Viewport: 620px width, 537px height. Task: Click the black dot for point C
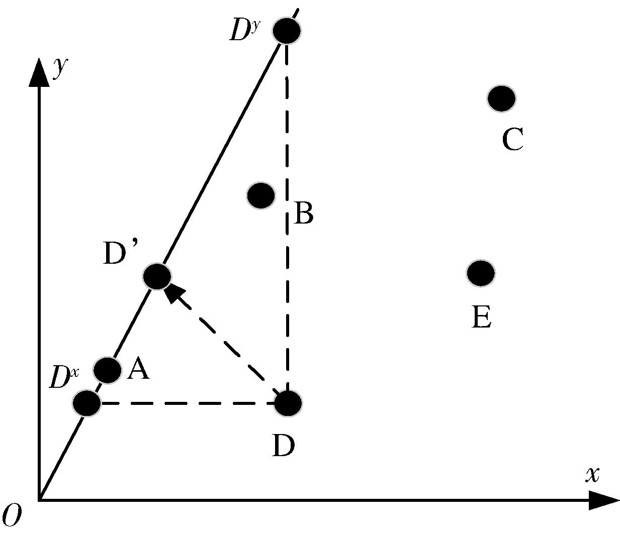tap(501, 98)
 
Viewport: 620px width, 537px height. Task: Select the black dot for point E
tap(481, 273)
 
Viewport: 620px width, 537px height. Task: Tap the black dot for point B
tap(261, 195)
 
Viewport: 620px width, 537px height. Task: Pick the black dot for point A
tap(108, 370)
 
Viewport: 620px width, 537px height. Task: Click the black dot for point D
tap(288, 403)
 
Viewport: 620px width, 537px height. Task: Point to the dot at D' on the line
tap(157, 276)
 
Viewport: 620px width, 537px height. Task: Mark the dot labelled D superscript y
tap(287, 30)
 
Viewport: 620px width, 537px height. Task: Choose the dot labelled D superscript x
tap(86, 403)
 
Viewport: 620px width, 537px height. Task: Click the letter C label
tap(513, 139)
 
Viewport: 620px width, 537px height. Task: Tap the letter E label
tap(482, 317)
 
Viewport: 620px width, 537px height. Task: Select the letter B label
tap(303, 213)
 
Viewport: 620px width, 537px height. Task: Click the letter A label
tap(138, 370)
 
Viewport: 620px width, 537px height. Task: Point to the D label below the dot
tap(283, 446)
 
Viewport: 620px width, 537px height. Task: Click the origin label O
tap(12, 516)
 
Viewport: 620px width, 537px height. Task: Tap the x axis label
tap(593, 474)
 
